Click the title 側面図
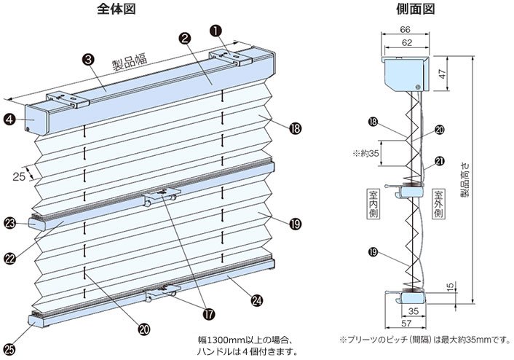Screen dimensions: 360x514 (415, 9)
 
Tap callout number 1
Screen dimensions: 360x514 (216, 31)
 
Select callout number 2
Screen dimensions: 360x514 (186, 38)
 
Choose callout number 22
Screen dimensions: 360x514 (11, 257)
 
